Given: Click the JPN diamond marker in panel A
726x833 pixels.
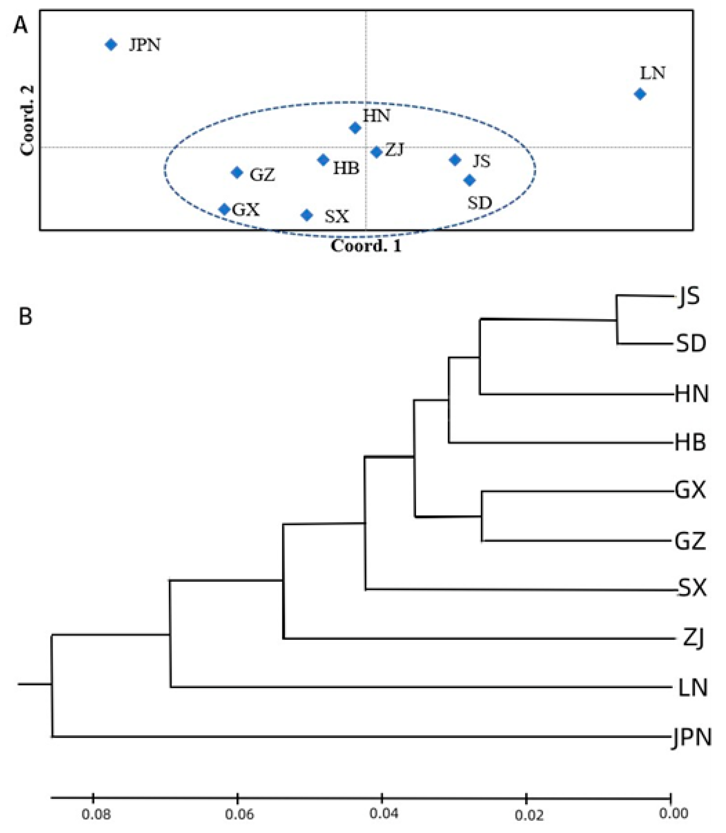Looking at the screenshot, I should click(111, 44).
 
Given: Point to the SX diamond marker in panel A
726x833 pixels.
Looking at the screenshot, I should click(307, 215).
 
